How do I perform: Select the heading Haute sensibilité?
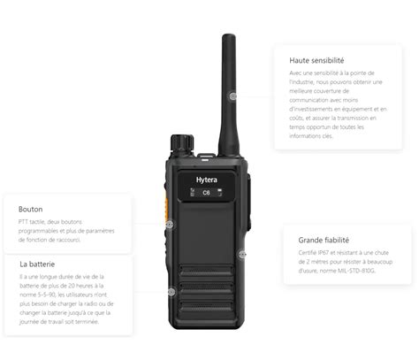(316, 60)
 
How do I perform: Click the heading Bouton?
(30, 210)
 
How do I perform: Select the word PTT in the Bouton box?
(24, 222)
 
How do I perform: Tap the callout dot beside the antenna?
(233, 96)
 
